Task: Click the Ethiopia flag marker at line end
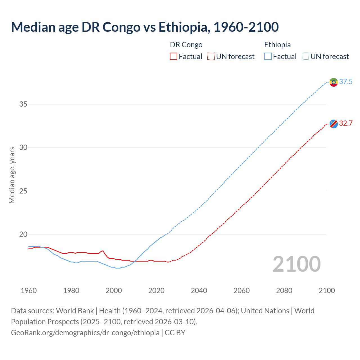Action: (334, 82)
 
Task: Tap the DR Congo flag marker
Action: (334, 124)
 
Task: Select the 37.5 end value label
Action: (346, 82)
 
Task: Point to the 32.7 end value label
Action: (346, 123)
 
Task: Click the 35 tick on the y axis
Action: (23, 104)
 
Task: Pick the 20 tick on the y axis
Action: (23, 235)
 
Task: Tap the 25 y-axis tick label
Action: (23, 191)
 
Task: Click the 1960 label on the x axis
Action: (29, 291)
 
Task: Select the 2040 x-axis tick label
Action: (199, 291)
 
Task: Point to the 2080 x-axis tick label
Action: (284, 291)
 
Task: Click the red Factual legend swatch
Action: (174, 57)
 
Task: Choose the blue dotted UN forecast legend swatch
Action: (305, 57)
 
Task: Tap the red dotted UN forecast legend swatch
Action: (211, 57)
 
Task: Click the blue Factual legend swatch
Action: (268, 57)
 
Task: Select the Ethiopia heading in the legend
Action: (277, 45)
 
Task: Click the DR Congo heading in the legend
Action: (186, 45)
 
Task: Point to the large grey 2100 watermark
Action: (297, 264)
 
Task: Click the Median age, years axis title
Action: (12, 175)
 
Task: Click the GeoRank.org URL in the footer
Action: (85, 333)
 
